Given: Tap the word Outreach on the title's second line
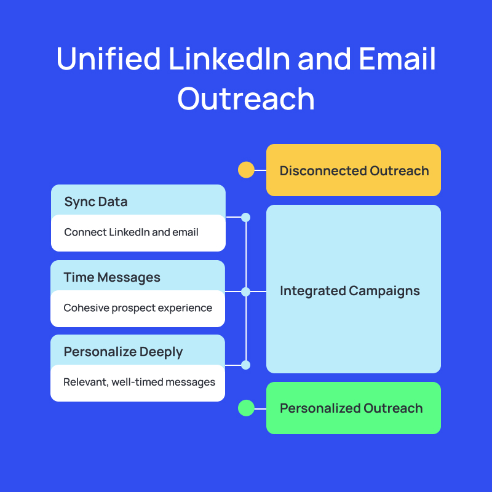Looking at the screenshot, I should coord(246,98).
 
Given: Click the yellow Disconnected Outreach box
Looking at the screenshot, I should coord(354,170).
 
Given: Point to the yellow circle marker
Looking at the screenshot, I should coord(246,170).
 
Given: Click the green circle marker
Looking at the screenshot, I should coord(246,408).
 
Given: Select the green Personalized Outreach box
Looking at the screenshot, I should coord(354,408).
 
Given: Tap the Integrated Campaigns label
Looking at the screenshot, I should coord(350,291).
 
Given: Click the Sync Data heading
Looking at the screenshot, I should coord(96,202).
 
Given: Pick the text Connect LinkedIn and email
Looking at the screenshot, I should coord(131,232).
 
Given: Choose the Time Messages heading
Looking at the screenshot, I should coord(112,277).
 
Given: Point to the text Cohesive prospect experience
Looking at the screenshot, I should coord(138,307).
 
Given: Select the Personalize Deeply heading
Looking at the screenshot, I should coord(123,352).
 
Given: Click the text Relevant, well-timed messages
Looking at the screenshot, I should coord(139,382).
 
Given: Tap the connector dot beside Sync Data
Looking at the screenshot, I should coord(246,217).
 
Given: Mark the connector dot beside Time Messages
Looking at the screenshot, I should coord(246,292).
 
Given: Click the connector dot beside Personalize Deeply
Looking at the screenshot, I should coord(246,365).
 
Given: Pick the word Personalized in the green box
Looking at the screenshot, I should coord(319,408).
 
